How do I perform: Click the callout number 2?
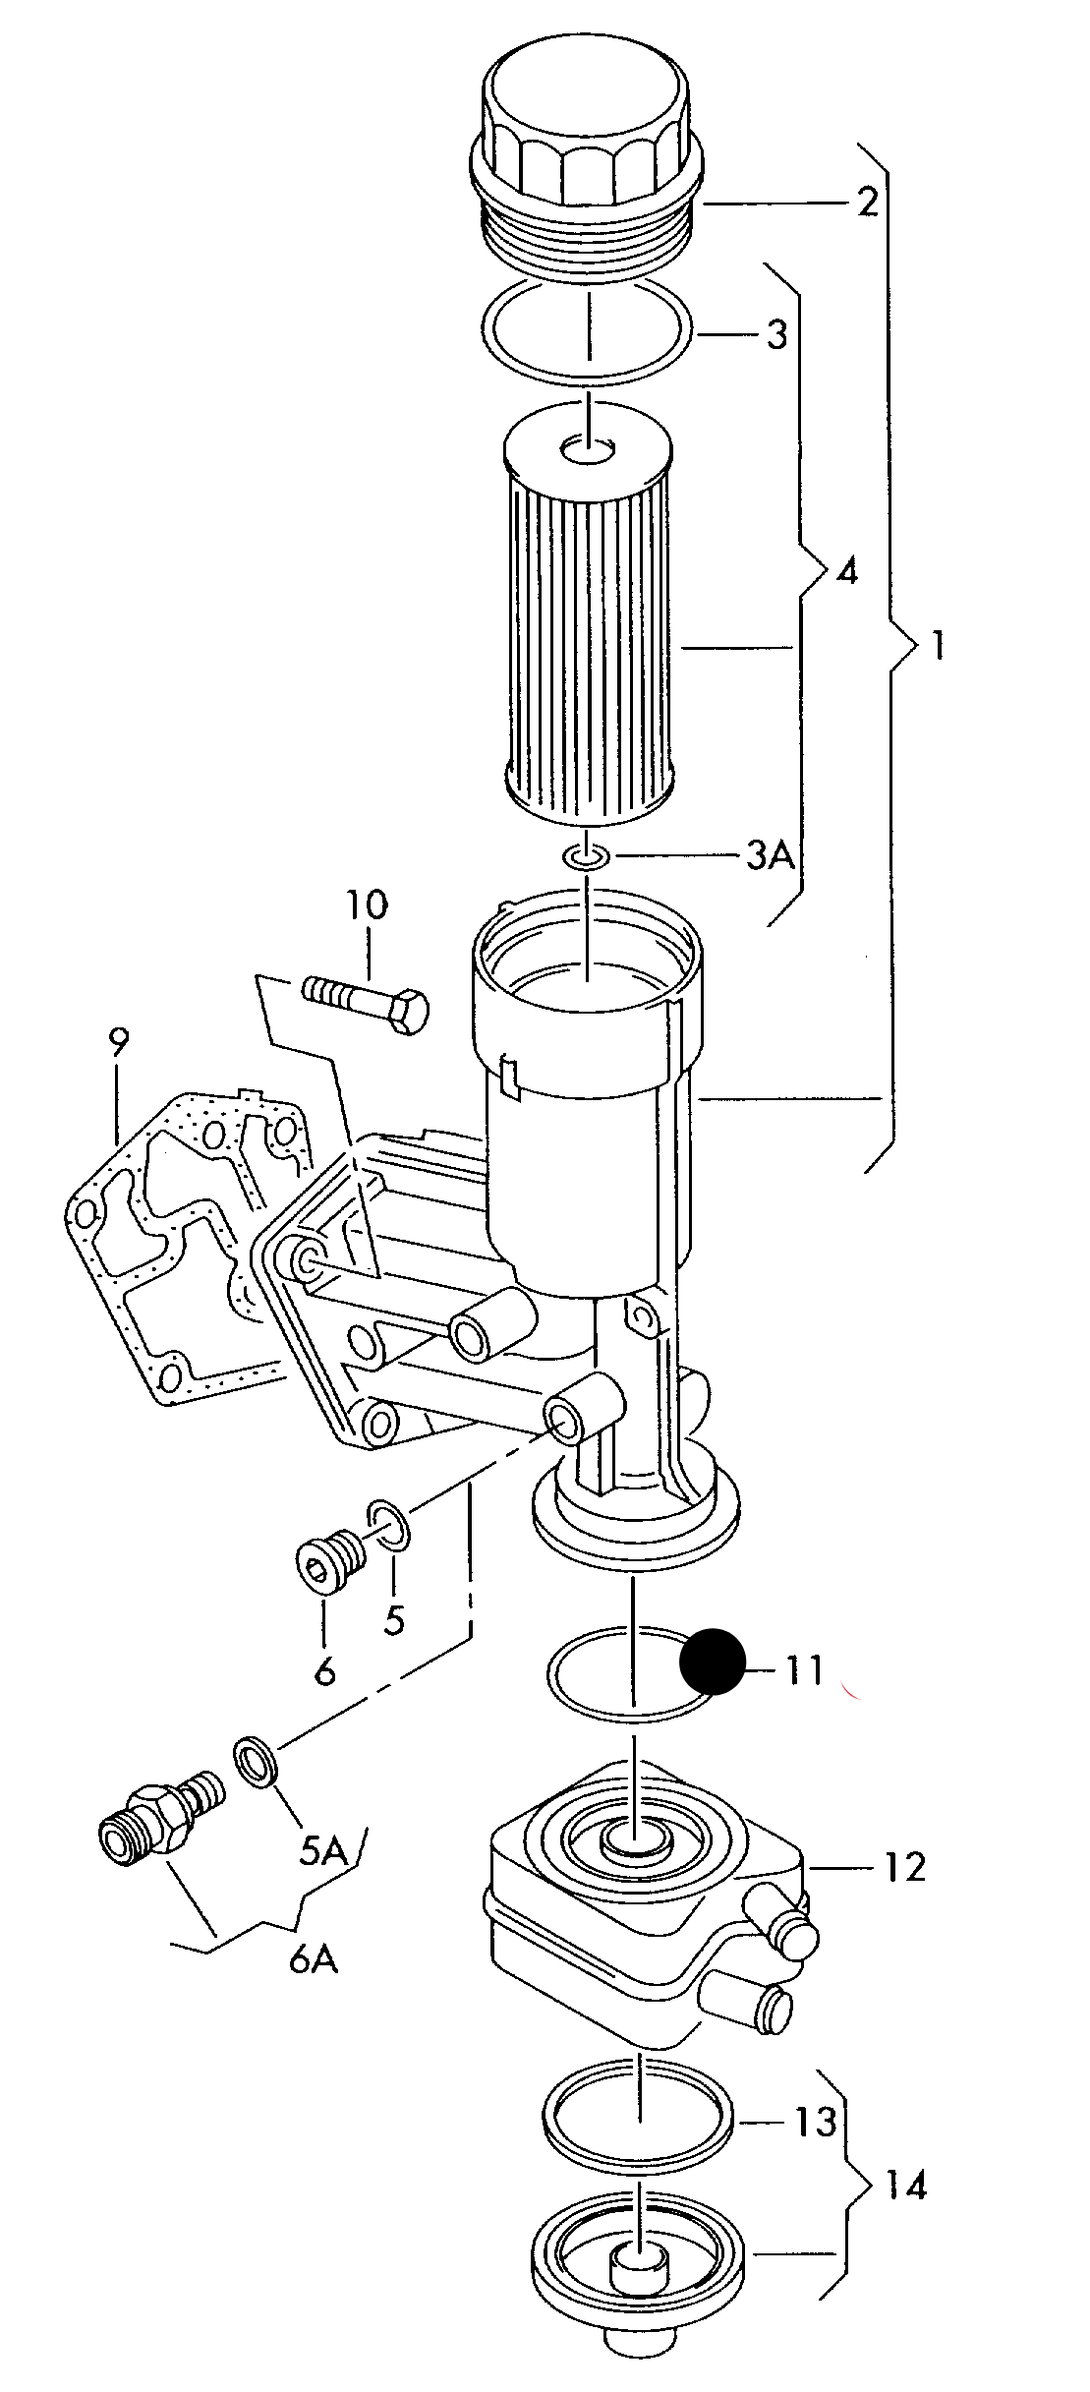867,203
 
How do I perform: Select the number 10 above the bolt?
366,905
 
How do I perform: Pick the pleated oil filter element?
587,639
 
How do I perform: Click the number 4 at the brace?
846,571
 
